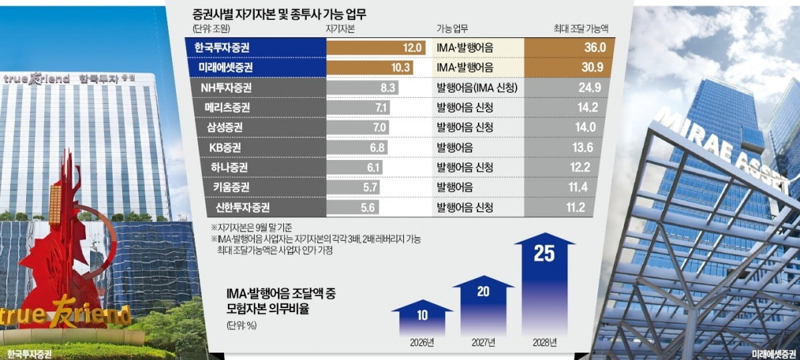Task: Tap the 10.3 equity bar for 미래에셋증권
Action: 369,67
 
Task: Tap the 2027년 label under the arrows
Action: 483,344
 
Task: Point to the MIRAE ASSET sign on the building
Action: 720,150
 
